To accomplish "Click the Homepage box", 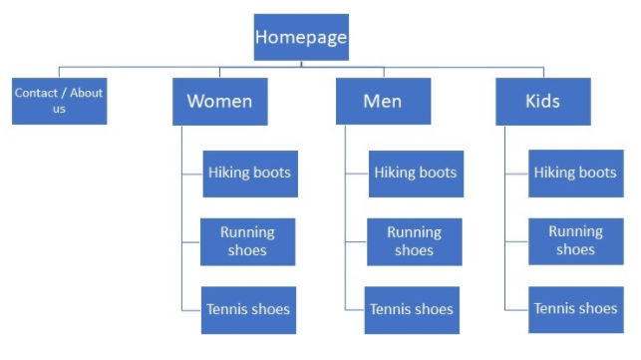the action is point(301,37).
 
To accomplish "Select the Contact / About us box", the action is point(59,101).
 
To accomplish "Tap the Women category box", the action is point(220,102).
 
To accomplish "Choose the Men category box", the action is point(384,101).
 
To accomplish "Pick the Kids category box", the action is point(543,102).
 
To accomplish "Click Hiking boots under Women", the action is point(250,174).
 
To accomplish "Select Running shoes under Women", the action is point(248,241).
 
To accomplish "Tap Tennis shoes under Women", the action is point(248,310).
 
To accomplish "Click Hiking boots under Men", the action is point(416,174).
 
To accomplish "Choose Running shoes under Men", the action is point(415,241).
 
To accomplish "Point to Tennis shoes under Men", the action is point(412,310).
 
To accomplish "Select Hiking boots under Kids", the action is point(576,174).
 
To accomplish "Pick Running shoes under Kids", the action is point(576,241).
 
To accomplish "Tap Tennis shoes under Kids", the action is point(576,310).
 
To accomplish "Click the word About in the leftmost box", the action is point(87,93).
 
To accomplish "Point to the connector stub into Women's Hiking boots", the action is point(192,174).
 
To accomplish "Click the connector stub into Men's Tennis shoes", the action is point(355,310).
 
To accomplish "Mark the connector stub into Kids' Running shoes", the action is point(516,241).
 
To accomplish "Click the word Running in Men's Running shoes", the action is point(414,232).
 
